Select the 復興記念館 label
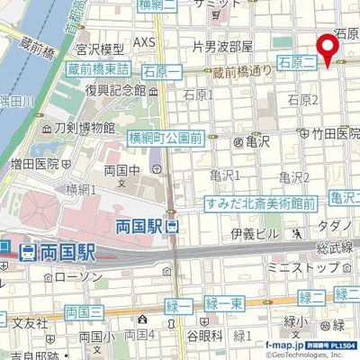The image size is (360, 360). [x=115, y=90]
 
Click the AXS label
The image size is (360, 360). [x=144, y=42]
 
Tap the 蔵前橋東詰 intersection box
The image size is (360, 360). [x=98, y=69]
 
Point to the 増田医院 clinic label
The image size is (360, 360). [x=41, y=164]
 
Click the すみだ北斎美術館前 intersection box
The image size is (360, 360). [x=260, y=203]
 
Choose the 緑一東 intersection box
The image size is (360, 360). [x=224, y=305]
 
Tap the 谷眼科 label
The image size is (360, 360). [x=204, y=336]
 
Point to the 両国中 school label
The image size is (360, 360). [x=121, y=171]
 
